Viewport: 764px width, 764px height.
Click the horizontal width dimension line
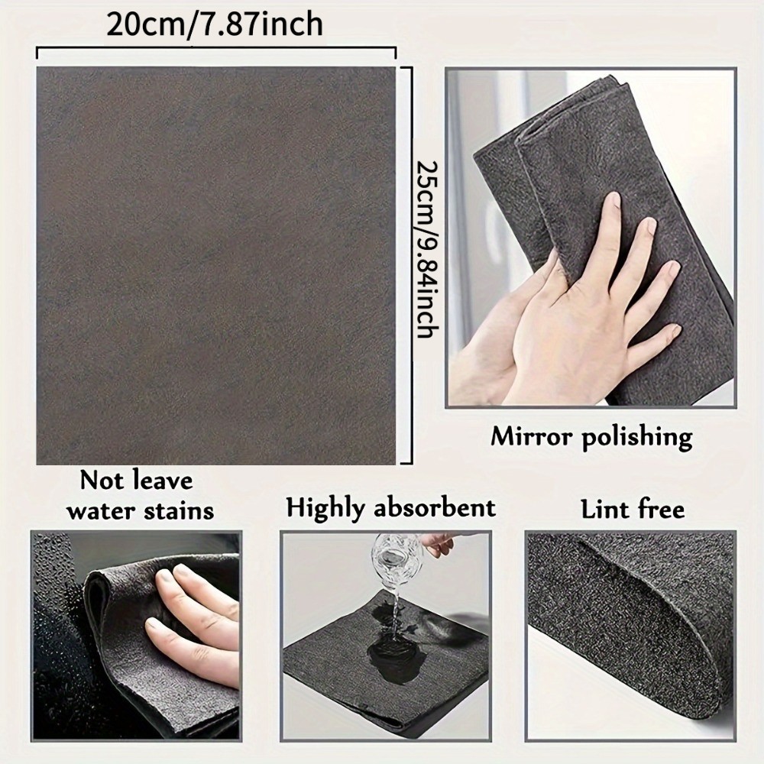tap(216, 51)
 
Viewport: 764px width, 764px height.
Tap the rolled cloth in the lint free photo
tap(634, 611)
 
